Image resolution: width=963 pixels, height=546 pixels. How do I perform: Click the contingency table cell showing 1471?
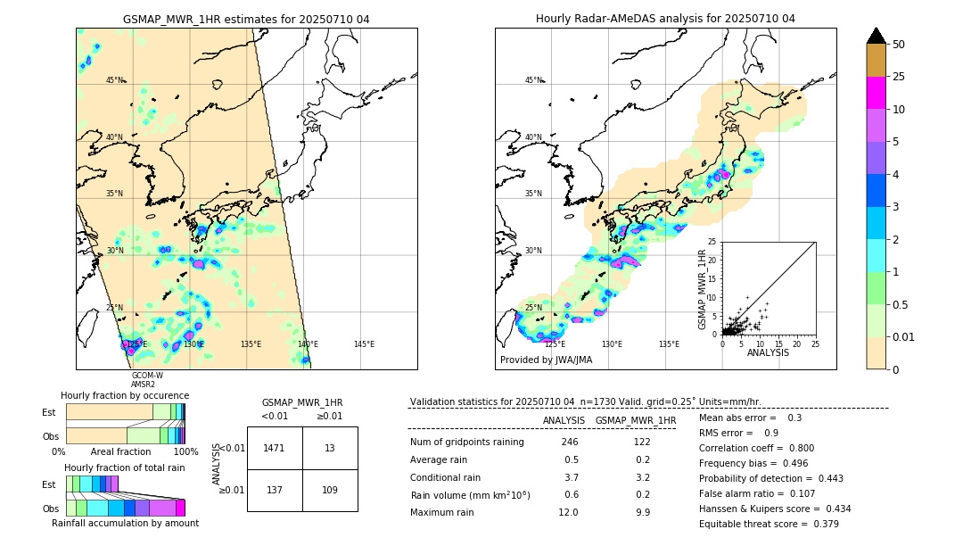coord(275,448)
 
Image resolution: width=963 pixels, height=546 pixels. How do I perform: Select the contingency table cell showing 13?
coord(330,448)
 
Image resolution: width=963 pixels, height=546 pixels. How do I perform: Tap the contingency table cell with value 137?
coord(275,490)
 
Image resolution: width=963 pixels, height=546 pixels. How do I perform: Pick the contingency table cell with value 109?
coord(330,490)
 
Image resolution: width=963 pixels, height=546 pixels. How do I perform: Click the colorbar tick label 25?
coord(900,77)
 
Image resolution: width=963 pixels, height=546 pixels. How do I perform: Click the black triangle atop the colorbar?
coord(877,36)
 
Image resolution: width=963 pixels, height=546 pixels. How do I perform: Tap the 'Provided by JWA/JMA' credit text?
coord(546,360)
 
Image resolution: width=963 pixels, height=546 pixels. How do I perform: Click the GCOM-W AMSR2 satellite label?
coord(146,380)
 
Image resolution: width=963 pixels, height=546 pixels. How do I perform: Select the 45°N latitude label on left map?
coord(115,80)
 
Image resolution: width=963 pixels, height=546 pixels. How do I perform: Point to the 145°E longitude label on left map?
coord(364,344)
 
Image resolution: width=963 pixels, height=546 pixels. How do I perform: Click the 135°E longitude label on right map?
coord(669,344)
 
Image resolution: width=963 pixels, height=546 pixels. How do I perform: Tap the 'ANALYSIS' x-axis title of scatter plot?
coord(768,353)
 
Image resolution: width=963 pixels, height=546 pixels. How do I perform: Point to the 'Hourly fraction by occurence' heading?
coord(125,395)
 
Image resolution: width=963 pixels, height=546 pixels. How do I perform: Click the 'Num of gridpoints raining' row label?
coord(466,443)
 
